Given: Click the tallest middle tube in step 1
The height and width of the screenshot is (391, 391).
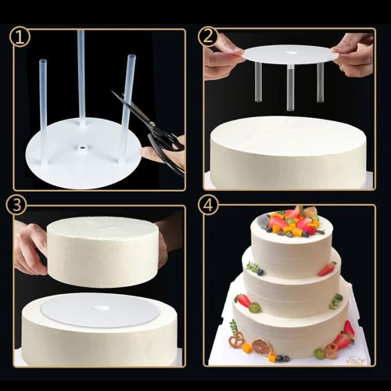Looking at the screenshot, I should pyautogui.click(x=81, y=78).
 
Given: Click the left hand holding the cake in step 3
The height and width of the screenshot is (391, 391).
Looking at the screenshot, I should pyautogui.click(x=30, y=246).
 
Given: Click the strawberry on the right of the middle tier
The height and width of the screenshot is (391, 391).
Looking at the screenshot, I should pyautogui.click(x=326, y=269).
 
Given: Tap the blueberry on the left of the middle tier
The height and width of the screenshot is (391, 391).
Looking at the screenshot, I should pyautogui.click(x=260, y=272).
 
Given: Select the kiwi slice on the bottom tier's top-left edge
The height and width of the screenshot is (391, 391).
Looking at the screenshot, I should pyautogui.click(x=255, y=307).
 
